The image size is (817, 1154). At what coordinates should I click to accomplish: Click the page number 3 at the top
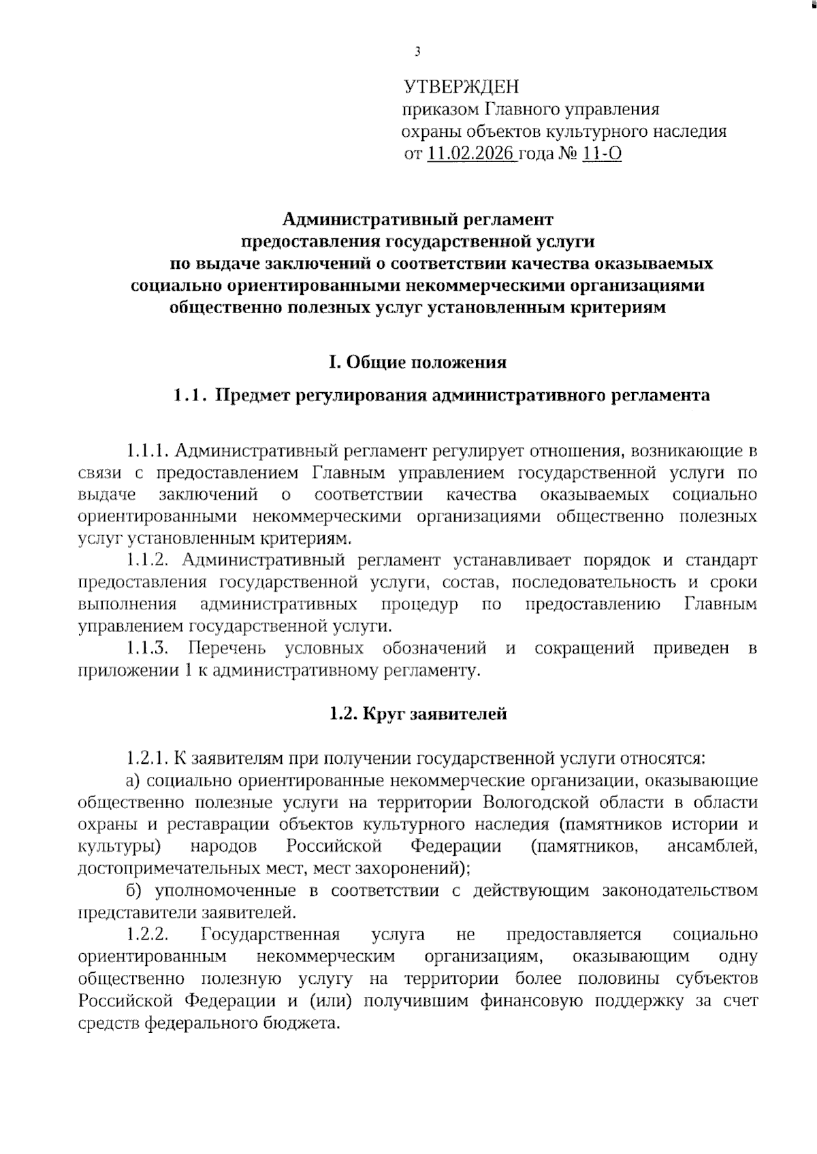[417, 52]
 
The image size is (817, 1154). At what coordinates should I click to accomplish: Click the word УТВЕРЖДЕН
[461, 86]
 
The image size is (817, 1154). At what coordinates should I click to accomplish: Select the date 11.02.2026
[470, 155]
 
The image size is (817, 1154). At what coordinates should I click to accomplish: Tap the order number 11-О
[602, 155]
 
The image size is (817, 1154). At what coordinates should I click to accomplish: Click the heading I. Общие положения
[417, 362]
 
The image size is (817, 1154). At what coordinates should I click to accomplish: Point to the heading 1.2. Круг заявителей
[418, 714]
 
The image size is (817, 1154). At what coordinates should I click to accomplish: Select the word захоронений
[408, 869]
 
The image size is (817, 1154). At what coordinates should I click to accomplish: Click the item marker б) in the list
[136, 891]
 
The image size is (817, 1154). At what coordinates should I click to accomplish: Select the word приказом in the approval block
[440, 109]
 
